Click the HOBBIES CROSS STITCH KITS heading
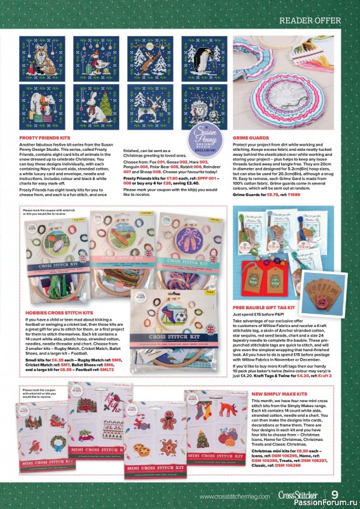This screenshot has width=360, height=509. click(61, 313)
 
